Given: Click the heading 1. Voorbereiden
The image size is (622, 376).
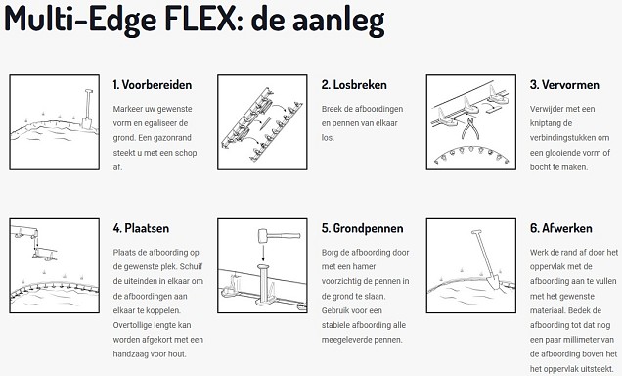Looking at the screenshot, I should pos(152,85).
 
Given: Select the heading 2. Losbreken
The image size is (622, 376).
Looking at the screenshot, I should pos(353,85).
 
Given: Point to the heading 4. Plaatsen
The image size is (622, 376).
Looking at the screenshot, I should pos(141,228).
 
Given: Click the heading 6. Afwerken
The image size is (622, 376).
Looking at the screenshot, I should pos(560,228).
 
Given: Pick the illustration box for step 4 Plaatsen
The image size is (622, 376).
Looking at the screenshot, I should pos(51,265).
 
